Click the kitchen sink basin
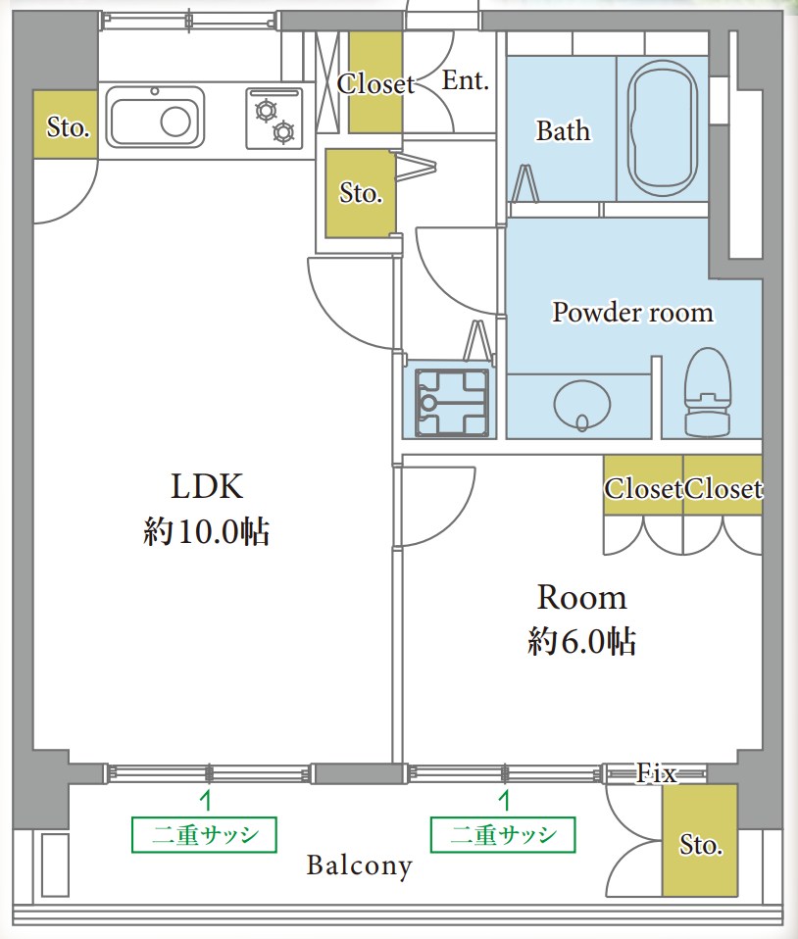point(155,118)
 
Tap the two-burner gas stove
point(274,119)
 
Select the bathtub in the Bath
point(662,128)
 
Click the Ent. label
point(466,80)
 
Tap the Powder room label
point(632,312)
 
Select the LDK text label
point(207,485)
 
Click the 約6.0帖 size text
point(581,641)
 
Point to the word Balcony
point(360,865)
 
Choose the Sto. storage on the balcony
point(700,840)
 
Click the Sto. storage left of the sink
point(66,124)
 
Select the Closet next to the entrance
point(375,82)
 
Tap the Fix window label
point(657,773)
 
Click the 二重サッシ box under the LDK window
point(204,834)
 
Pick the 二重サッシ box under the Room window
point(503,834)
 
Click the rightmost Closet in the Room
point(723,485)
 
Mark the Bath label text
point(563,130)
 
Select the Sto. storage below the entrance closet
point(360,193)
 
